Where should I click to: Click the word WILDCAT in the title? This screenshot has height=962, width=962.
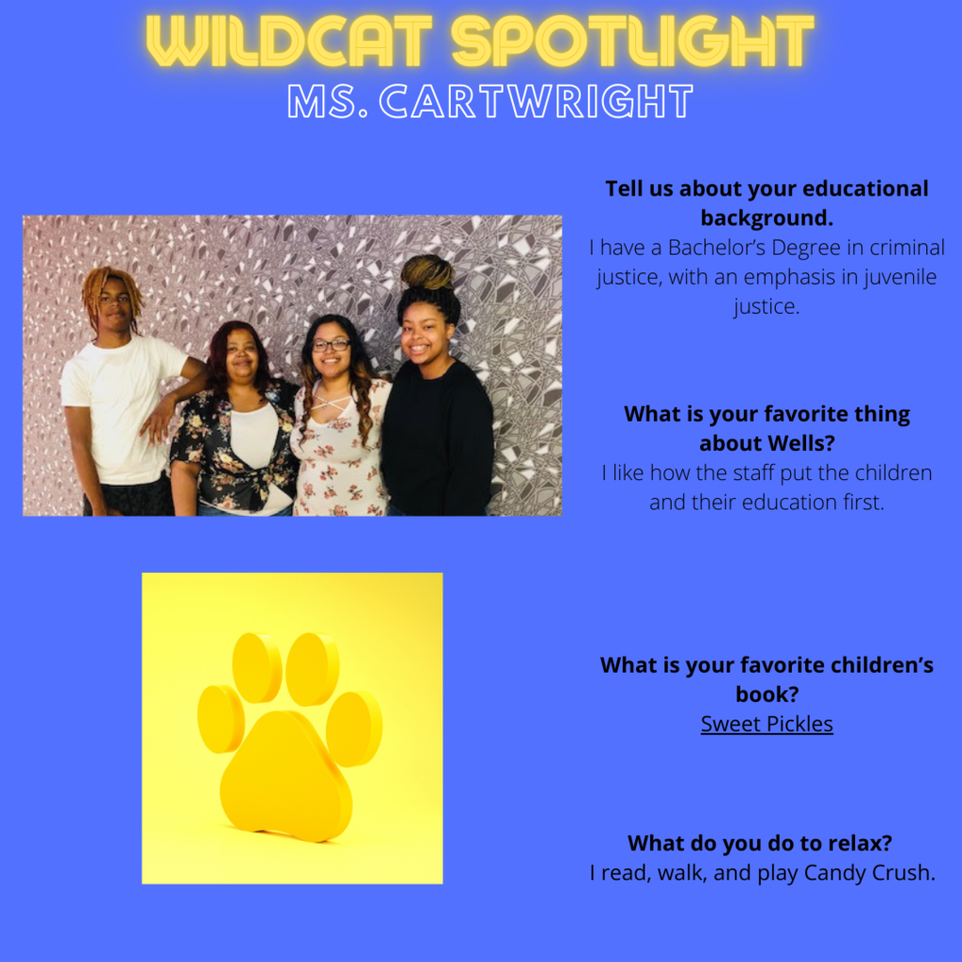[289, 40]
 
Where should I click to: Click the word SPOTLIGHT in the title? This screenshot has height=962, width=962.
[632, 40]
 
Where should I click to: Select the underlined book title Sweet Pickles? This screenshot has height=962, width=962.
[767, 724]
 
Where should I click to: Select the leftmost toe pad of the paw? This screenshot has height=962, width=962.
[221, 719]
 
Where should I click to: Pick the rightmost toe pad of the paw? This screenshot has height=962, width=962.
[354, 729]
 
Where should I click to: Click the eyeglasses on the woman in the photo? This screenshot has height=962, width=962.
[332, 346]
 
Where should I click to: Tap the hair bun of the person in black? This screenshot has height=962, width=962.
[427, 272]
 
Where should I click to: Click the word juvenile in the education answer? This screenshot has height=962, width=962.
[900, 277]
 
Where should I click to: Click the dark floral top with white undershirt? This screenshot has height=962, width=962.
[233, 448]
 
